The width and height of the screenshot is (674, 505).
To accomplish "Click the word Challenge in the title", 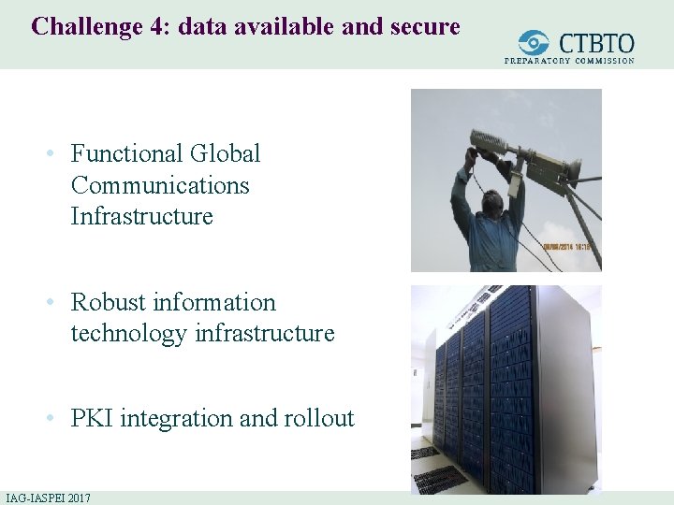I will click(82, 26).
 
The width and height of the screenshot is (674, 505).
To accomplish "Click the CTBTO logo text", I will click(596, 43).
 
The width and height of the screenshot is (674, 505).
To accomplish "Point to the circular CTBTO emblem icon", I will click(535, 43).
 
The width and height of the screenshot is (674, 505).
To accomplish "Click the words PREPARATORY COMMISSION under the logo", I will click(569, 61).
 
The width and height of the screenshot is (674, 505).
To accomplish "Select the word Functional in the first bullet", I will click(125, 153).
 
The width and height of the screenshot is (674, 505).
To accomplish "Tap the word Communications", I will click(160, 185).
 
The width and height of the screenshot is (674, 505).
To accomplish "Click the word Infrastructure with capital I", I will click(141, 216).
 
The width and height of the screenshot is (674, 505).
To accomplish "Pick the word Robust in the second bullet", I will click(108, 302).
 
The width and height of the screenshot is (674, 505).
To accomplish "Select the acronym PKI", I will click(92, 418).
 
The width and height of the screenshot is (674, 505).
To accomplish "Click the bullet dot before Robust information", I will click(56, 303).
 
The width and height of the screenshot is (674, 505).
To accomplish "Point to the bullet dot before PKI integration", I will click(56, 419).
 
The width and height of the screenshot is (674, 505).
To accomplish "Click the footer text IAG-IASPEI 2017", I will click(48, 498).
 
